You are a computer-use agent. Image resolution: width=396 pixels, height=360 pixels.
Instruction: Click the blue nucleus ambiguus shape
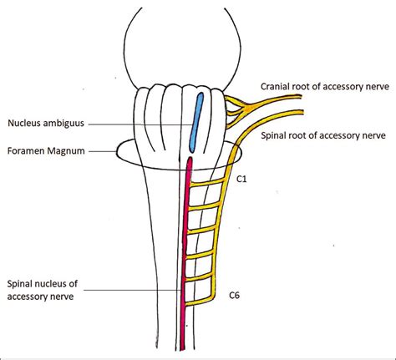tap(197, 119)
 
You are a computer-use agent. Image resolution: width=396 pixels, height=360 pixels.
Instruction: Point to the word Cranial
tap(276, 84)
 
